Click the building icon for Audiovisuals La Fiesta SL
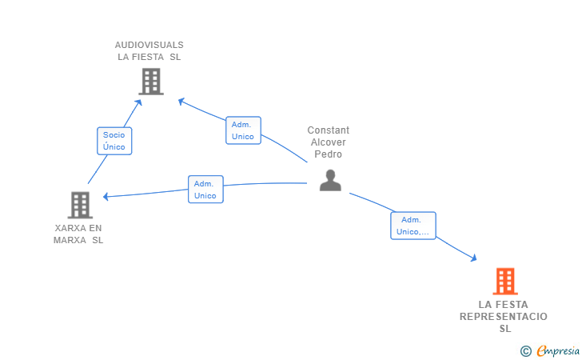(x=151, y=82)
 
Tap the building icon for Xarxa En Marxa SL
(x=80, y=205)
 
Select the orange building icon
(x=505, y=282)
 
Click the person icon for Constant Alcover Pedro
(x=330, y=181)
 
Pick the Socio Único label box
(x=114, y=141)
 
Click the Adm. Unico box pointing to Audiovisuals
(x=243, y=130)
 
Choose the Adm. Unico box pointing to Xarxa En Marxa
(x=205, y=190)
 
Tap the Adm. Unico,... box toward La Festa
(x=413, y=226)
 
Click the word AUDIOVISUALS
(x=149, y=45)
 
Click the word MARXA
(x=70, y=240)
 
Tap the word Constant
(x=329, y=130)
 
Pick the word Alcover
(x=329, y=142)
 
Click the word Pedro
(x=328, y=154)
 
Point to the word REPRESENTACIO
(x=504, y=317)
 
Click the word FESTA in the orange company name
(x=511, y=305)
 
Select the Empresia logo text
(x=558, y=350)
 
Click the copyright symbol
(x=525, y=351)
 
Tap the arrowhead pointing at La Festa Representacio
(x=473, y=258)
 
